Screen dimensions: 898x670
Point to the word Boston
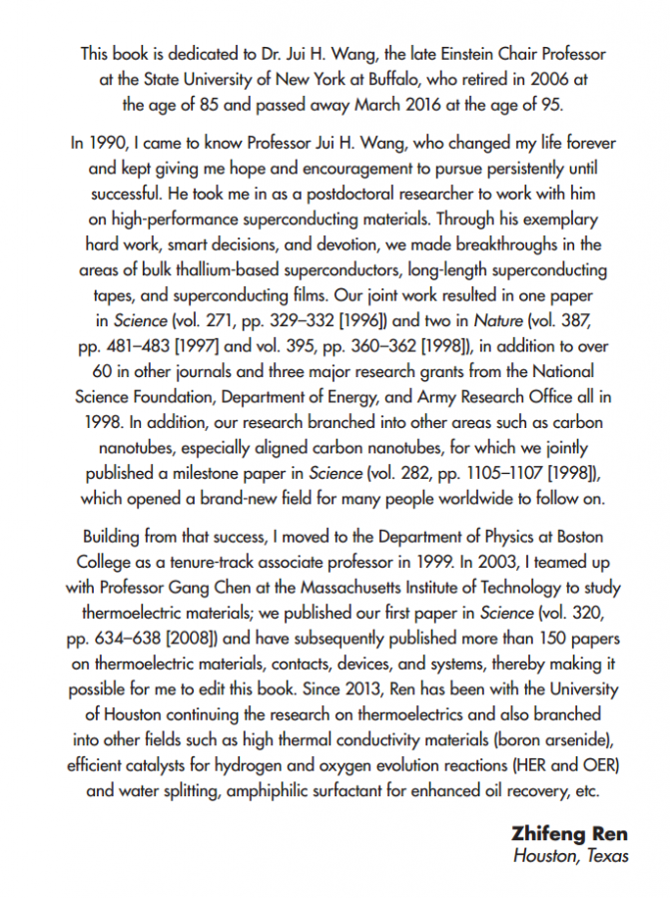576,536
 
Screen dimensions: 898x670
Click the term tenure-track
205,561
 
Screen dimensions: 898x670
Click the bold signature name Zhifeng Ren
569,834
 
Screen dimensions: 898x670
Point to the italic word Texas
604,856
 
